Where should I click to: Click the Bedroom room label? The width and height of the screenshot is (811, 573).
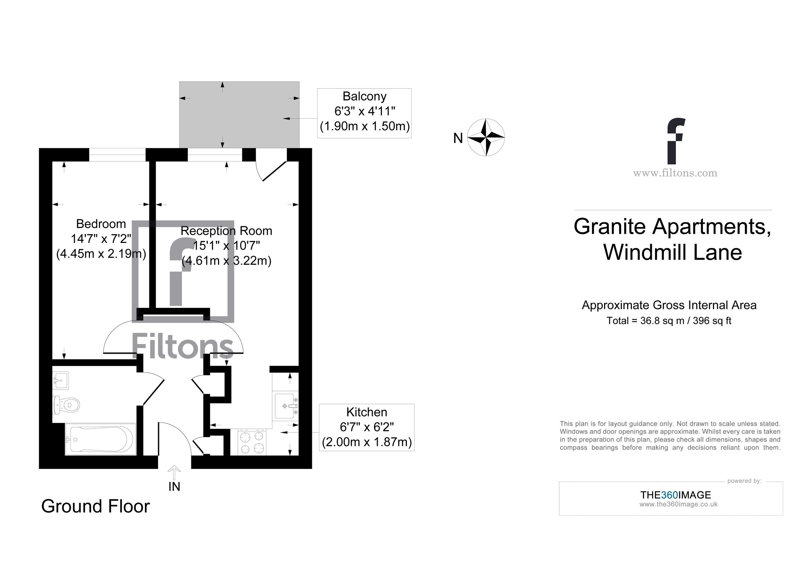click(101, 224)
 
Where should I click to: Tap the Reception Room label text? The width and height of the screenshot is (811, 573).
click(226, 231)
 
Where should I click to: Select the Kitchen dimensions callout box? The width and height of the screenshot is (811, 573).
click(366, 427)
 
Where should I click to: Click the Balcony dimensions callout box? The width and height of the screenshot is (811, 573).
click(364, 113)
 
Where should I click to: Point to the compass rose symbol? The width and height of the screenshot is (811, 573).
click(486, 137)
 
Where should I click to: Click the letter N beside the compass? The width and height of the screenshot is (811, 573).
click(458, 139)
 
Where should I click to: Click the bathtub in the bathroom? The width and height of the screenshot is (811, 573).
click(101, 440)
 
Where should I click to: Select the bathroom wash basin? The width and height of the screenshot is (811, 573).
click(60, 380)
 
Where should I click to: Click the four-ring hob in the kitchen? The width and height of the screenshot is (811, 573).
click(252, 442)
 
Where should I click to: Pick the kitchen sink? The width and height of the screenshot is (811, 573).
click(285, 406)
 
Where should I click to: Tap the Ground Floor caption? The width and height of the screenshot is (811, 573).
click(95, 506)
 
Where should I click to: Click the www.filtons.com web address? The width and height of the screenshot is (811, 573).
click(675, 173)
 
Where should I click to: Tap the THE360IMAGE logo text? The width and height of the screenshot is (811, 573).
click(675, 495)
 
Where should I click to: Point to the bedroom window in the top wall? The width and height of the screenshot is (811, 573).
click(117, 155)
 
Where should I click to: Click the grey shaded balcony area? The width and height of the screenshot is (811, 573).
click(239, 115)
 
